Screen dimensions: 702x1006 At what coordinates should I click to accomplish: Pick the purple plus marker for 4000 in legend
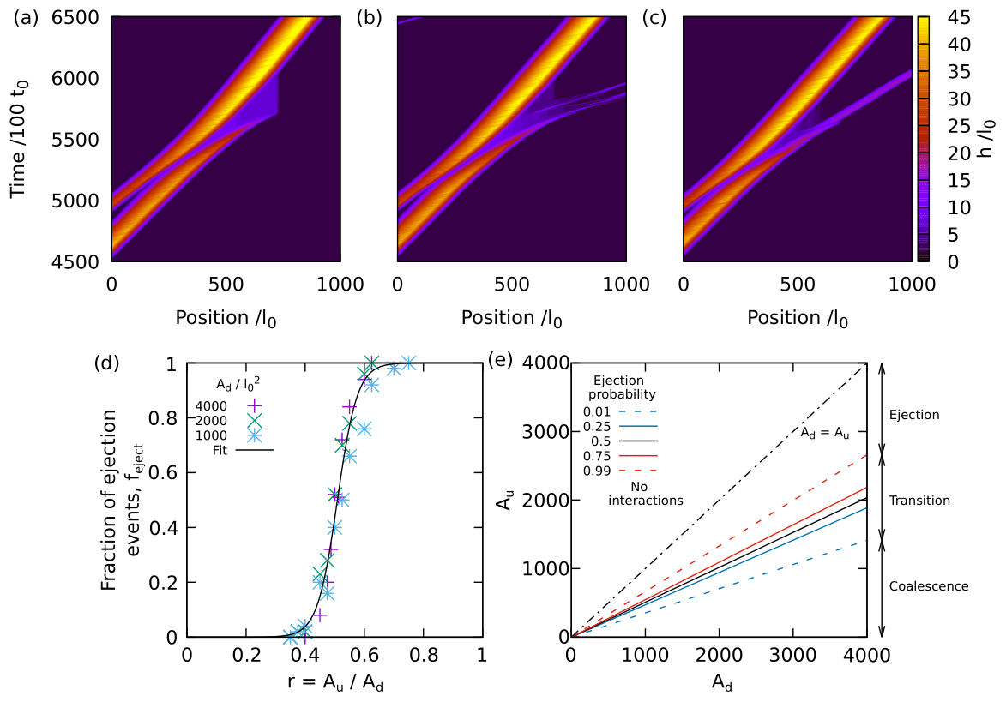coord(256,405)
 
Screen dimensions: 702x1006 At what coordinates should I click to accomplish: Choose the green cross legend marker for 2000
coord(256,420)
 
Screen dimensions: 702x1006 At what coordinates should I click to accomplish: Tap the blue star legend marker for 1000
coord(256,435)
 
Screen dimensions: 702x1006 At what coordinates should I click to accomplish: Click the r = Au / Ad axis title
coord(334,684)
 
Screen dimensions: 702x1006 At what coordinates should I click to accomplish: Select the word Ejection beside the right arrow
coord(914,415)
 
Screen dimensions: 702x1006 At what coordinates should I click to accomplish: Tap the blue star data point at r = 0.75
coord(408,363)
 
